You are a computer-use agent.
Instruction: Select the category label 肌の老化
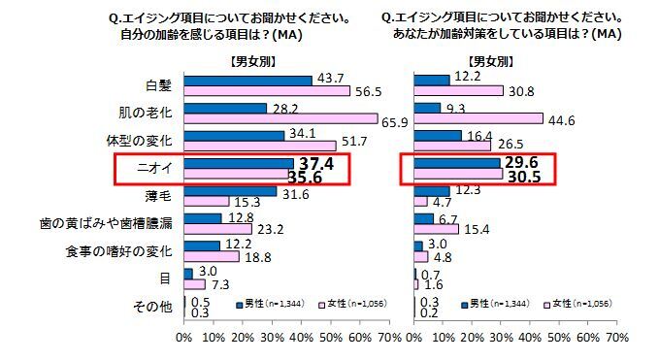pos(146,114)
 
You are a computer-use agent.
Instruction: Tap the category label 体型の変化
pos(142,142)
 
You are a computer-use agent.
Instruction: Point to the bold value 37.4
pos(314,163)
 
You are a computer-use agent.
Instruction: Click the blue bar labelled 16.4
pos(438,135)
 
